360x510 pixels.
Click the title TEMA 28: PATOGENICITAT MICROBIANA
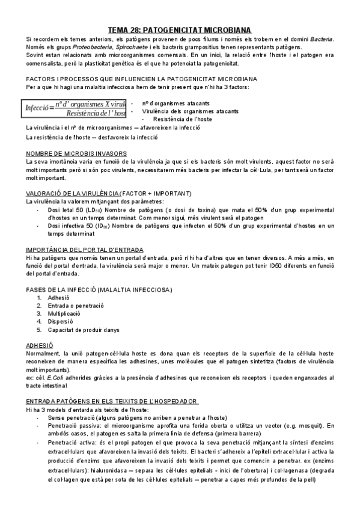click(x=180, y=29)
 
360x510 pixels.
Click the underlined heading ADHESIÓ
click(x=40, y=345)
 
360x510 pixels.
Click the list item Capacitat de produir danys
click(x=83, y=330)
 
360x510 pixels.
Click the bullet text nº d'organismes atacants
click(x=171, y=103)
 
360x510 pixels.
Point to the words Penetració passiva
click(x=72, y=425)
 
